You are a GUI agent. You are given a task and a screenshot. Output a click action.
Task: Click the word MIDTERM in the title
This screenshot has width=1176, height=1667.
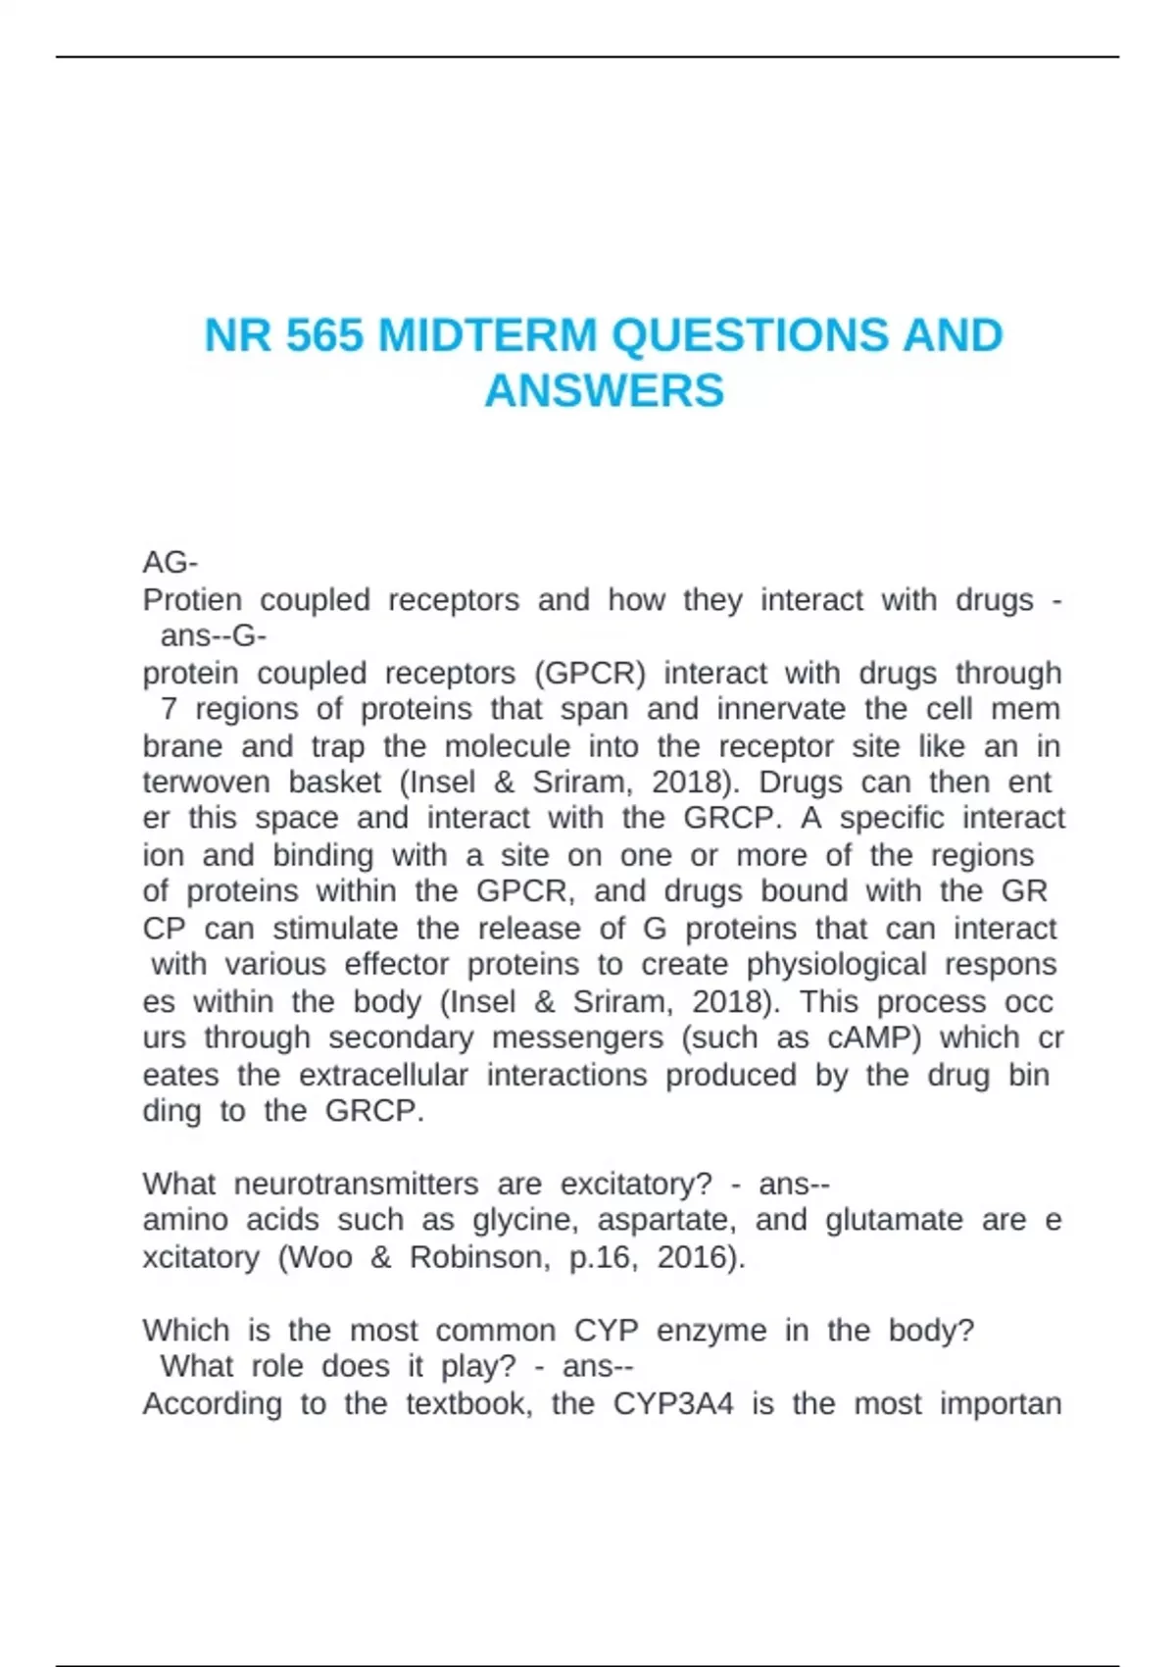(x=487, y=335)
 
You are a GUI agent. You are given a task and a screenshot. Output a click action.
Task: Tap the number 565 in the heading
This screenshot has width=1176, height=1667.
(x=324, y=335)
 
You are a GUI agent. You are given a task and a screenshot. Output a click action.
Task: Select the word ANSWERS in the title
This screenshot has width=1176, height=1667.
(x=604, y=390)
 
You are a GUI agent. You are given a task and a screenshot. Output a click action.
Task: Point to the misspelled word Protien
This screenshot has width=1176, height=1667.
(x=192, y=599)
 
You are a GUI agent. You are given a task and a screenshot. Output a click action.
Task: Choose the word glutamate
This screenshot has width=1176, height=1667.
(x=894, y=1221)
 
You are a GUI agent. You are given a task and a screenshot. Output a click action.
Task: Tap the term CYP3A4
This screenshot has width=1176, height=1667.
(x=673, y=1403)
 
